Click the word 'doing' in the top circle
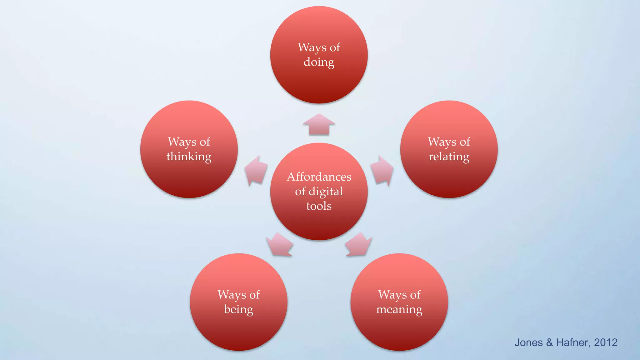pos(319,62)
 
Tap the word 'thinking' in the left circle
pos(189,156)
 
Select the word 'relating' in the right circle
pos(449,156)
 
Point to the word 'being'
pos(238,309)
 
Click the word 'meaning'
pos(399,309)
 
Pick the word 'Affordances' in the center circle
pos(319,177)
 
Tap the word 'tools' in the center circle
pos(319,206)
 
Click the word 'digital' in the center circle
pos(326,192)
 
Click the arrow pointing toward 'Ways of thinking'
pos(256,171)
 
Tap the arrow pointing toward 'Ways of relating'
pos(382,171)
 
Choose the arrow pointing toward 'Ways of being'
pos(280,245)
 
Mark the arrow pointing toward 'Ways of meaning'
pos(358,245)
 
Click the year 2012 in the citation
pos(605,342)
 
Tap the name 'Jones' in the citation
pos(528,342)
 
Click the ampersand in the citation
pos(549,342)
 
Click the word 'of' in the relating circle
pos(465,142)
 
